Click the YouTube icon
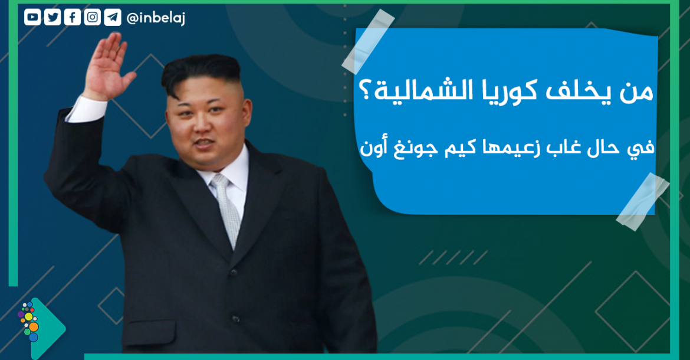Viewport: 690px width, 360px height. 32,18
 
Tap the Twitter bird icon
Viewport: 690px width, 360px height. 52,18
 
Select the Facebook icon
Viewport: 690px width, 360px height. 72,18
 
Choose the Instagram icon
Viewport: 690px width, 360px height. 93,18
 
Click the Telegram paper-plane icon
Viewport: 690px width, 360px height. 113,18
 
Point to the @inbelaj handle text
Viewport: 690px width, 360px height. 156,18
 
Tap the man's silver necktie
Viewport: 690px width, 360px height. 226,207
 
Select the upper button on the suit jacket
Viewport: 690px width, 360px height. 234,273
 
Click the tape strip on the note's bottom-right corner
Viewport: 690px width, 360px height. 642,202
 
